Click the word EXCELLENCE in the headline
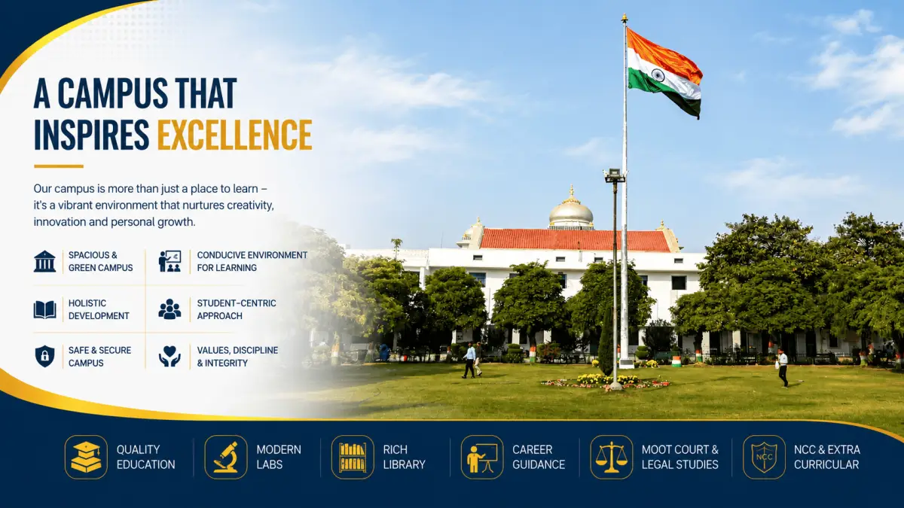point(234,135)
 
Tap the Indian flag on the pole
point(664,72)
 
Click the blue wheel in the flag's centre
point(658,75)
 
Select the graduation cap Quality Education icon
point(86,457)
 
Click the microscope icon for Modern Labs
point(226,457)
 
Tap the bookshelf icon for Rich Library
point(353,457)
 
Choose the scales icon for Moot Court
point(612,457)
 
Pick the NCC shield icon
point(764,457)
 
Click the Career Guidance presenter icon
point(482,457)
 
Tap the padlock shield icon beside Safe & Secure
point(44,356)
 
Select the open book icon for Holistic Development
point(44,309)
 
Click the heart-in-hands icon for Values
point(169,357)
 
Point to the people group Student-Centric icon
point(169,309)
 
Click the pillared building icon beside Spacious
point(44,261)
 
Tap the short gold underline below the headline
point(59,166)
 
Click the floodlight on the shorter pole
point(614,175)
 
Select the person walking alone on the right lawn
point(783,368)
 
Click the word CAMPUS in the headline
point(112,93)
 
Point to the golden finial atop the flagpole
point(625,18)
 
